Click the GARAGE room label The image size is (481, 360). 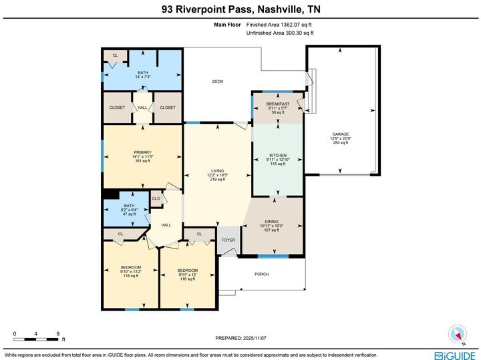[x=340, y=134]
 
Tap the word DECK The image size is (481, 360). [x=218, y=81]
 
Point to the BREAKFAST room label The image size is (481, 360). [x=277, y=104]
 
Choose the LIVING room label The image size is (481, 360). [x=216, y=170]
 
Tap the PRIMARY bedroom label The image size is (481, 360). [x=142, y=152]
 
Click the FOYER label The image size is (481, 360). [x=228, y=240]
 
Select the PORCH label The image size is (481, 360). [x=262, y=274]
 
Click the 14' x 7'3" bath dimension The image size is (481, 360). [x=143, y=77]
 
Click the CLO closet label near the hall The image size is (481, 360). [x=156, y=198]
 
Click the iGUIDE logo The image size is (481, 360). [x=454, y=355]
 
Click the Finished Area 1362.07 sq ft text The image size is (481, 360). [x=280, y=24]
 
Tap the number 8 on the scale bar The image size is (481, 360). [x=58, y=333]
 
